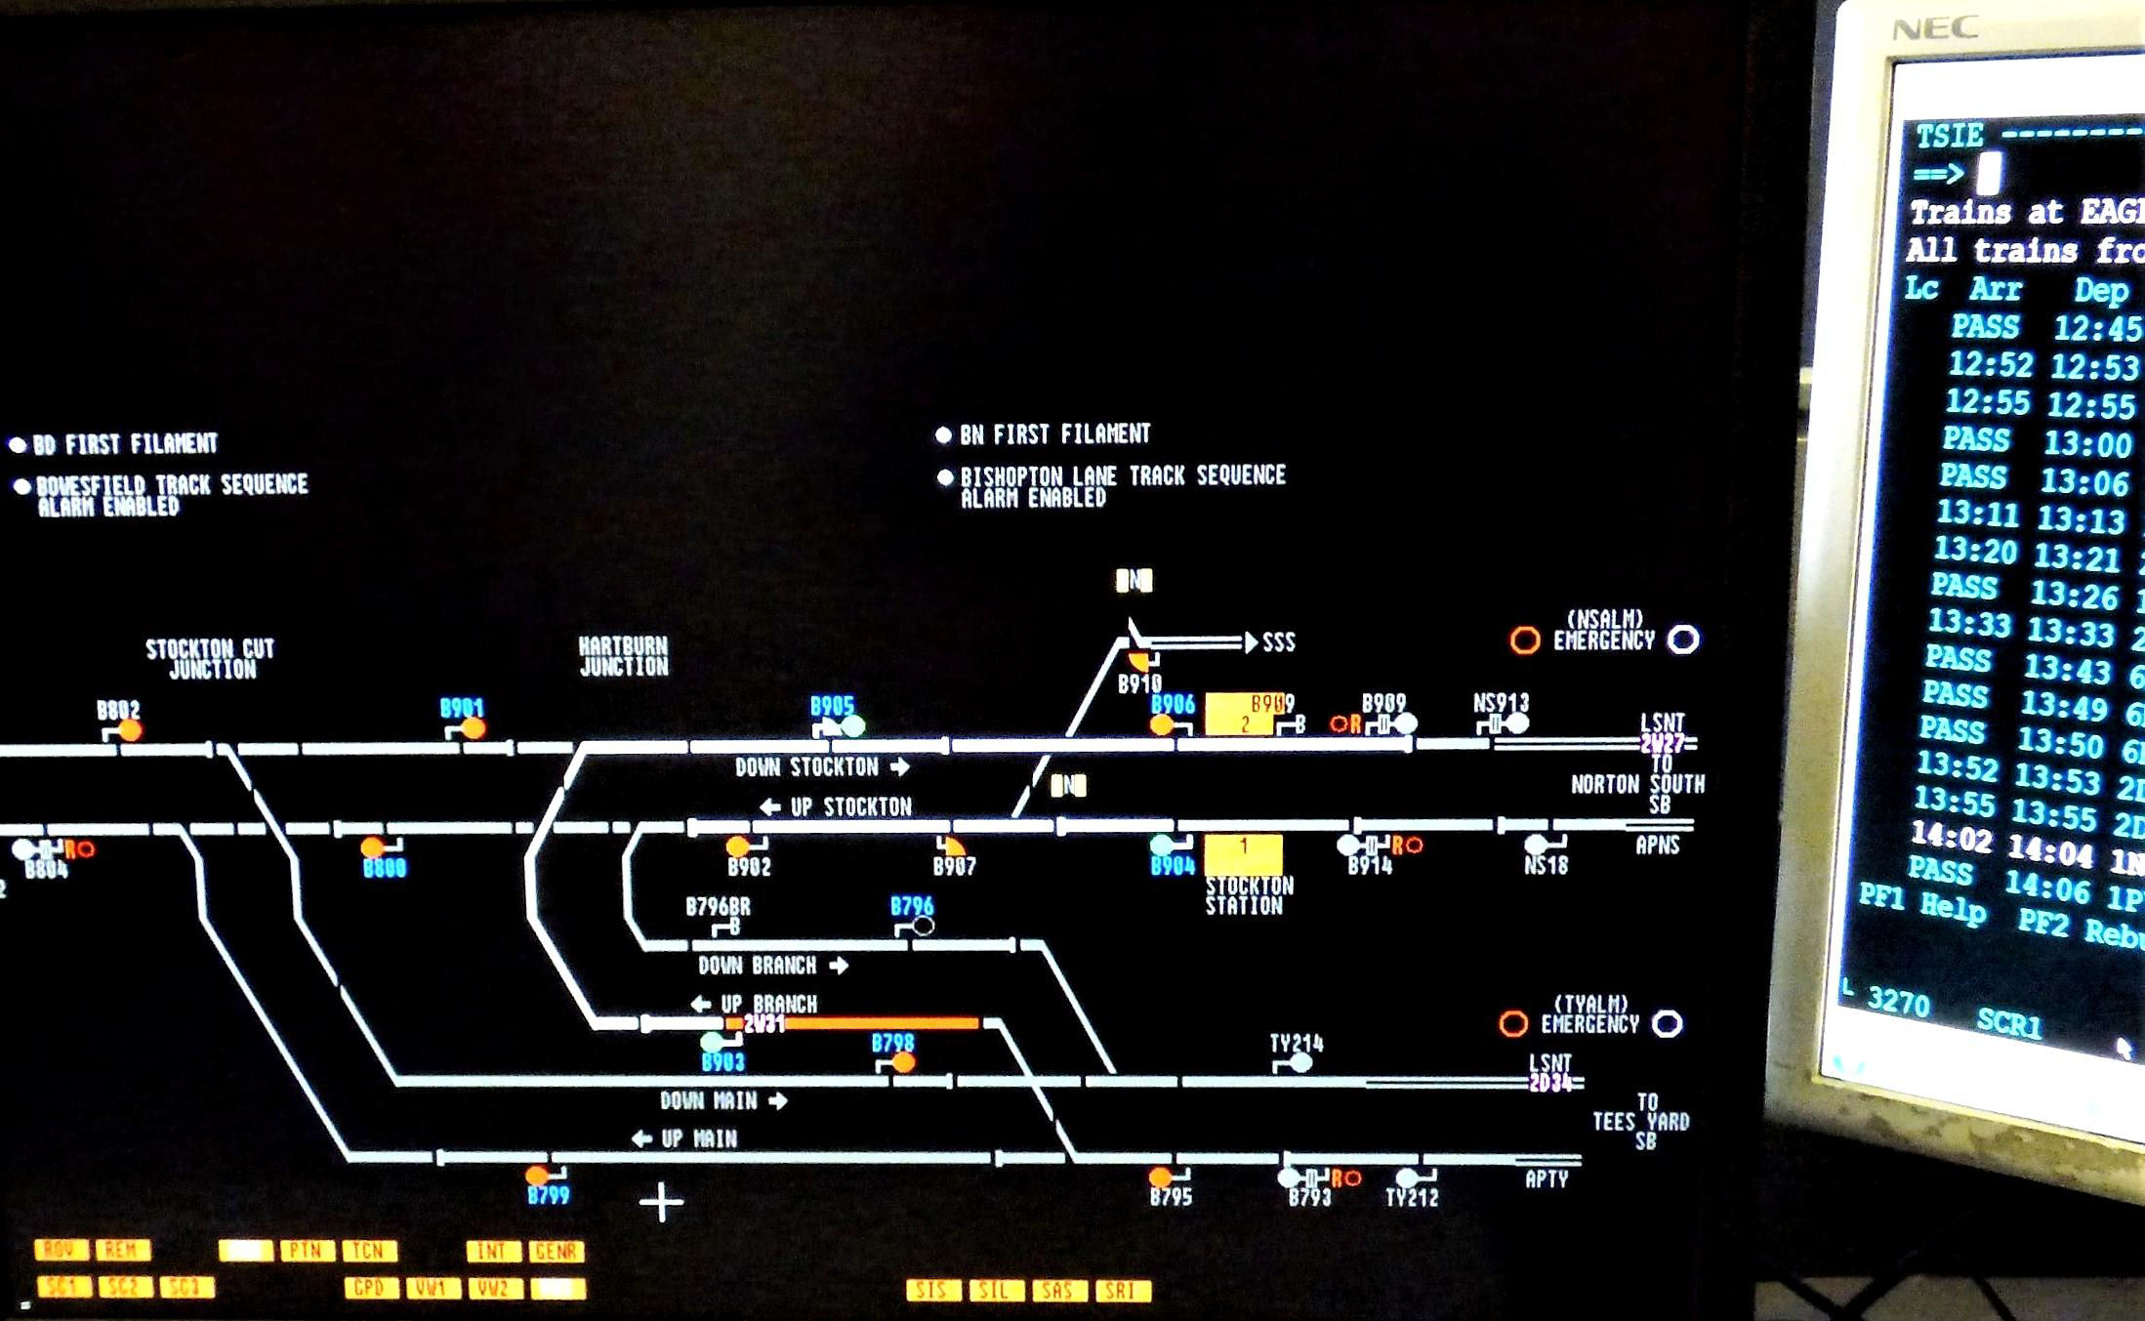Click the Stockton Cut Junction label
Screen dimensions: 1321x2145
click(211, 659)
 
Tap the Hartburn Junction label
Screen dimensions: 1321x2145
click(623, 657)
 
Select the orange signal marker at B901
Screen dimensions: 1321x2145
click(474, 728)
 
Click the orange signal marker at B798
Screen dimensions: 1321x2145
click(904, 1062)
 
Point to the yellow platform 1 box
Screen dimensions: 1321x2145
click(1243, 854)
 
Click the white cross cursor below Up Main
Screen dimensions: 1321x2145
click(661, 1202)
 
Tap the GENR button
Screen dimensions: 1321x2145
click(557, 1252)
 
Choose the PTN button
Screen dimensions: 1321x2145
click(308, 1251)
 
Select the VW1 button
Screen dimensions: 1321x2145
click(432, 1288)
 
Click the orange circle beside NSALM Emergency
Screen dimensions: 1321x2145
click(1525, 640)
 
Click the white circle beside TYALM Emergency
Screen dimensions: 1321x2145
click(1667, 1024)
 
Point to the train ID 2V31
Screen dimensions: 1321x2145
click(763, 1024)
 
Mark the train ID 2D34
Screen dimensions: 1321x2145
click(1550, 1083)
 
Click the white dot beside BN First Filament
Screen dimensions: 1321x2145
click(943, 435)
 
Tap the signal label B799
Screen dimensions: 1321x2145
click(548, 1195)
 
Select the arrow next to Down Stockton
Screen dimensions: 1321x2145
click(900, 767)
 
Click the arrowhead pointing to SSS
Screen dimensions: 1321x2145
click(1250, 642)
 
